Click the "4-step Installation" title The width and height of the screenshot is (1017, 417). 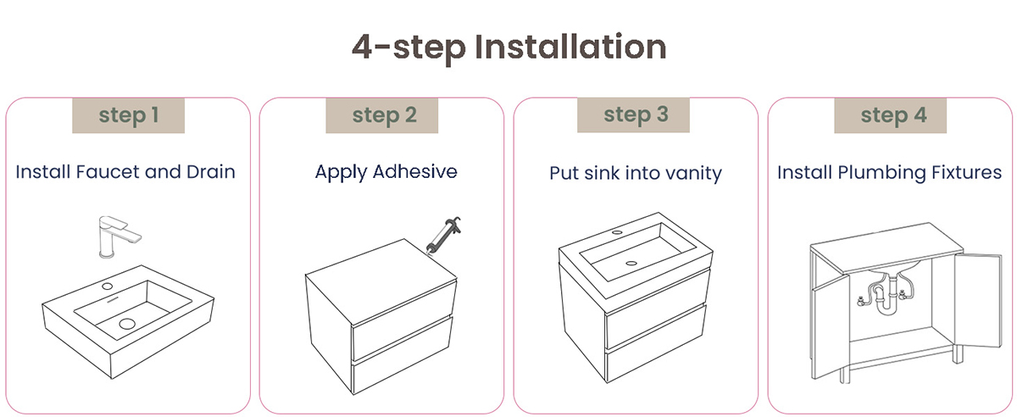[x=509, y=47]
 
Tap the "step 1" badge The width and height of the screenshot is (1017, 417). [x=129, y=115]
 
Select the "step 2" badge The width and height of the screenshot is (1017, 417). [x=382, y=115]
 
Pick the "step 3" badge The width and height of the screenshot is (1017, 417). [x=633, y=115]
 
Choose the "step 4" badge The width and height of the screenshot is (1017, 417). [x=891, y=115]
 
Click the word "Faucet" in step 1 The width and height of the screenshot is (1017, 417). [x=108, y=172]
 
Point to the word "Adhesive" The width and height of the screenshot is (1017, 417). [x=414, y=172]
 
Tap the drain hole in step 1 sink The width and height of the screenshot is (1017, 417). [x=127, y=324]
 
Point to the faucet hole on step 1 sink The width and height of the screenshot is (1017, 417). [x=107, y=286]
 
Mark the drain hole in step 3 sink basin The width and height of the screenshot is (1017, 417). [x=631, y=263]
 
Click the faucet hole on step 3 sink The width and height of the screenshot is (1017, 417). [x=617, y=232]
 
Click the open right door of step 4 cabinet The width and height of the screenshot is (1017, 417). [x=977, y=300]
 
